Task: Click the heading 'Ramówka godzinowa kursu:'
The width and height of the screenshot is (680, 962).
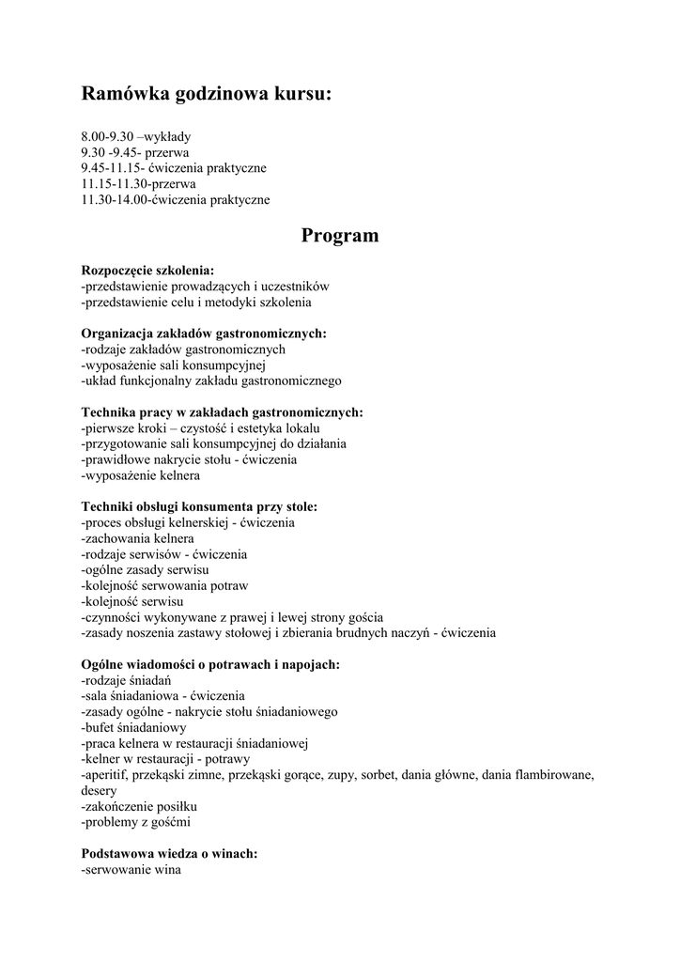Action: pos(207,94)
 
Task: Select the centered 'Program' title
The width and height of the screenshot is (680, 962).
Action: pos(340,236)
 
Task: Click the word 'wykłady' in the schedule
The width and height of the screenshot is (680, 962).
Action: pos(169,136)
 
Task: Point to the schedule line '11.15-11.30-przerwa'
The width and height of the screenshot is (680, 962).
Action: pos(138,184)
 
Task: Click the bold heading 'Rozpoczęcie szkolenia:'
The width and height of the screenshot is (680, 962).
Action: pos(147,271)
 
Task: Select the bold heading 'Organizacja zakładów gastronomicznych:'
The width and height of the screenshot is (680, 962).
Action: pos(204,334)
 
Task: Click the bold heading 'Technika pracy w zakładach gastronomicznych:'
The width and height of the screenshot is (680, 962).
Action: pos(222,412)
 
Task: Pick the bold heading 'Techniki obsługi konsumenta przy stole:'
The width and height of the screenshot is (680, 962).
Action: pos(199,507)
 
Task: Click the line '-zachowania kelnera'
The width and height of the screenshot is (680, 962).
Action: pos(138,539)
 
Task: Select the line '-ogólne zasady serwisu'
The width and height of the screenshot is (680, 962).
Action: pos(146,570)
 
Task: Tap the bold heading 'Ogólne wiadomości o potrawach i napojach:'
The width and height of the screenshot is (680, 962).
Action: pos(210,665)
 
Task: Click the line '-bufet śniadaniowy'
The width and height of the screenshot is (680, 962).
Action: pos(134,728)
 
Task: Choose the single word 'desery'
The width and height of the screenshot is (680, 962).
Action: pos(99,791)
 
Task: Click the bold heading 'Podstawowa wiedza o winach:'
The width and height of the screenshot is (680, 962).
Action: pos(169,854)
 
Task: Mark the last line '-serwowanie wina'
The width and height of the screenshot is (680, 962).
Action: pos(131,870)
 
